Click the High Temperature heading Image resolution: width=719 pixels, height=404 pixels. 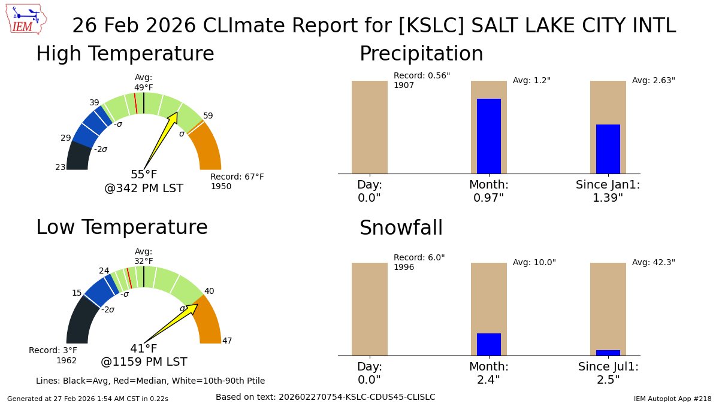point(125,54)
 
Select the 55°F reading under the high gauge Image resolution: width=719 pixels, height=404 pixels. point(144,175)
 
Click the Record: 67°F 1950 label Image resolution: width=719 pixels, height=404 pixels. point(237,181)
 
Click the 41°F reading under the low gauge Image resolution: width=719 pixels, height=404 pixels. point(144,348)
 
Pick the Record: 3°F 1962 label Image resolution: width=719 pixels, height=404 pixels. point(53,355)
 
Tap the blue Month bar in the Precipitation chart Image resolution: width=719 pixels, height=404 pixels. point(488,136)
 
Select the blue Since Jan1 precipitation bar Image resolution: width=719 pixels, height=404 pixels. point(608,149)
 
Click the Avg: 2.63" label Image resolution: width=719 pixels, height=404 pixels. point(653,80)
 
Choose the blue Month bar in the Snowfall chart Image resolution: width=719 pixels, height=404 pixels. point(488,344)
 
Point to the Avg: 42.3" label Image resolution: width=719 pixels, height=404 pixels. point(653,262)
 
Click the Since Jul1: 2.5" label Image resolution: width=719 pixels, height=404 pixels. point(608,373)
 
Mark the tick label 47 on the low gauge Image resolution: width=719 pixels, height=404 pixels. point(227,341)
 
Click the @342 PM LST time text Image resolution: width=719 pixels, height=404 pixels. point(144,189)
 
